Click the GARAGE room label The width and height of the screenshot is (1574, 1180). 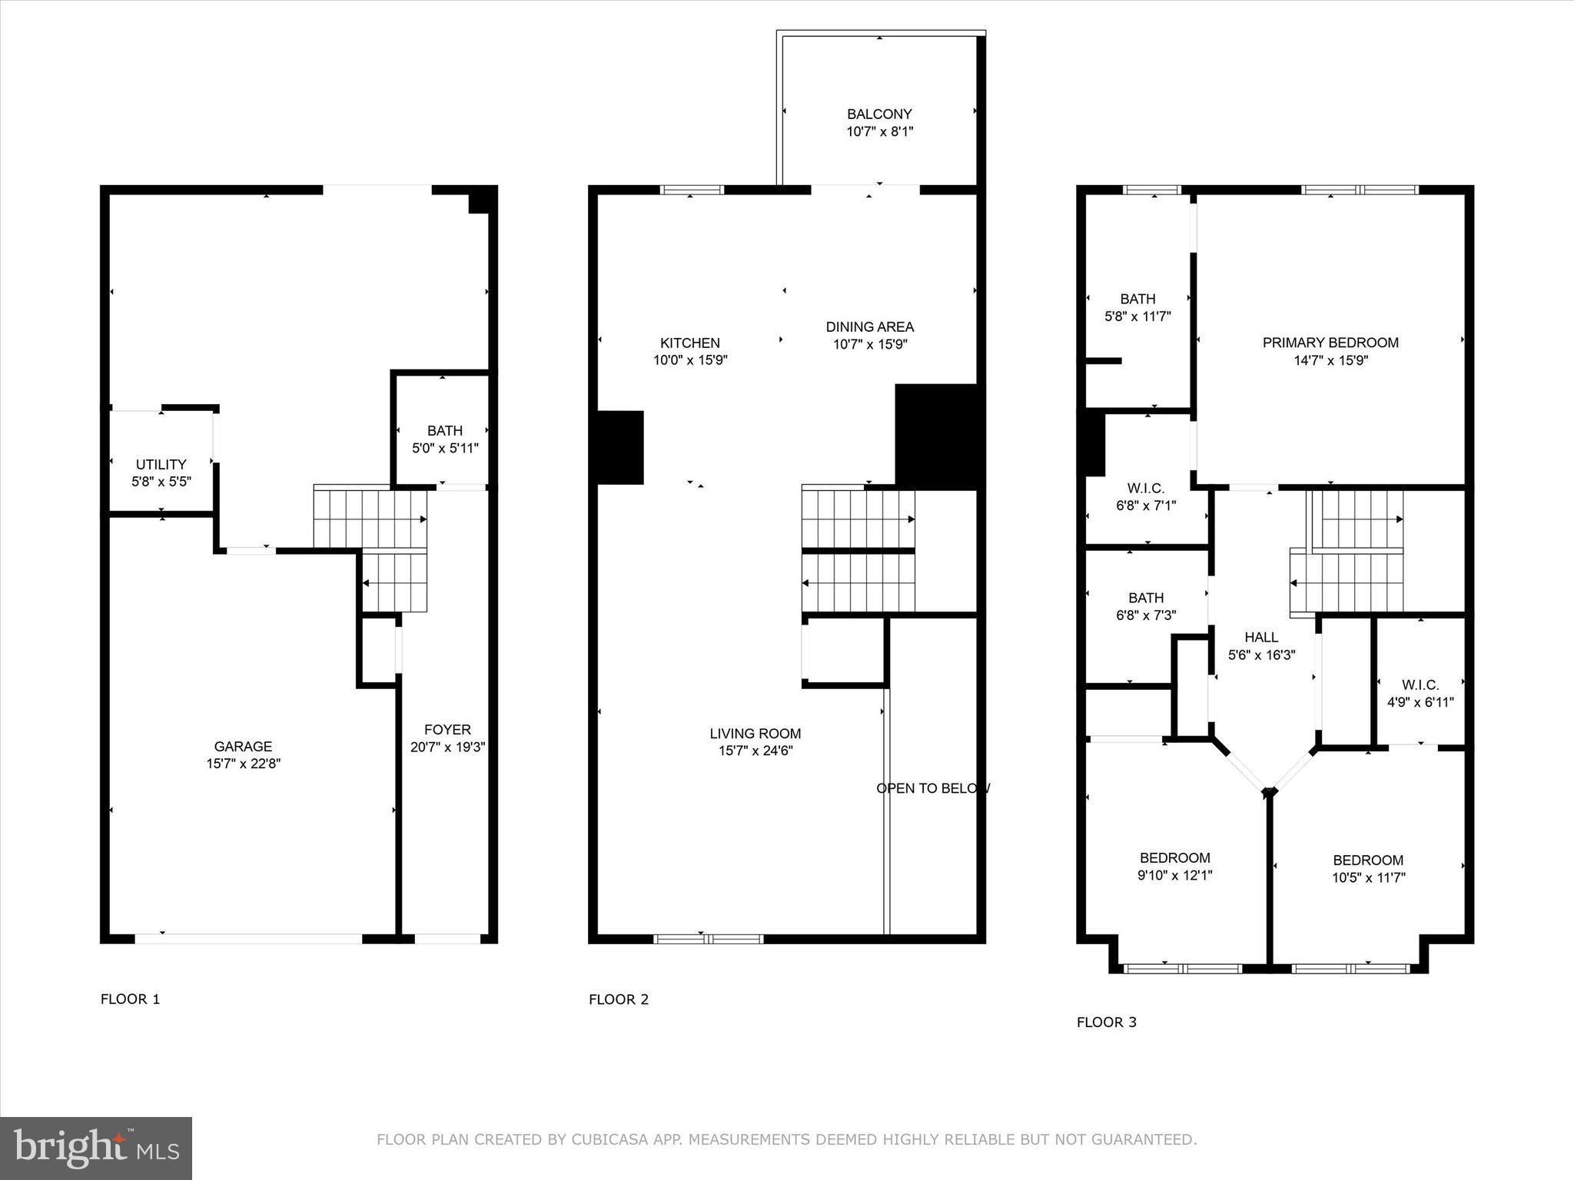coord(243,746)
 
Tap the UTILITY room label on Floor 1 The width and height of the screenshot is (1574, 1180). coord(161,464)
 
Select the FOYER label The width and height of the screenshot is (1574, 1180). coord(447,729)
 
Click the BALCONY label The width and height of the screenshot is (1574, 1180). coord(879,114)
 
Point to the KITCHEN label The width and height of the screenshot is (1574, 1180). coord(689,343)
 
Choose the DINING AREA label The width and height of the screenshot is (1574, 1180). coord(869,326)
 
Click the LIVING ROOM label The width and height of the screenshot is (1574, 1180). coord(755,734)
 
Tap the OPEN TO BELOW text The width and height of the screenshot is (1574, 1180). coord(932,788)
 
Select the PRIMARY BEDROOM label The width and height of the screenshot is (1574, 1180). coord(1330,343)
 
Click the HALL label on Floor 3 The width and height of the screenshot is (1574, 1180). coord(1260,637)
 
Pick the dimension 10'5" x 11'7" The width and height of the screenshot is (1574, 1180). coord(1368,877)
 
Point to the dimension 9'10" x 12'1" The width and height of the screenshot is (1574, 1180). coord(1174,875)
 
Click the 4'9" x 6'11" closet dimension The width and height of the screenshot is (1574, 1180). coord(1420,701)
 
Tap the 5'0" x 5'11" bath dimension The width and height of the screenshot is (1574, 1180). coord(445,447)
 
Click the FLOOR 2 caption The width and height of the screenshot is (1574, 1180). coord(618,999)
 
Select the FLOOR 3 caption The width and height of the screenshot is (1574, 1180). coord(1106,1022)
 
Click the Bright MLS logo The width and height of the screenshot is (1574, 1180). coord(96,1149)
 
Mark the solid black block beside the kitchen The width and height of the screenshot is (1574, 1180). coord(620,448)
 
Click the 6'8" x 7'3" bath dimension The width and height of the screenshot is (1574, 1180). coord(1145,615)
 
